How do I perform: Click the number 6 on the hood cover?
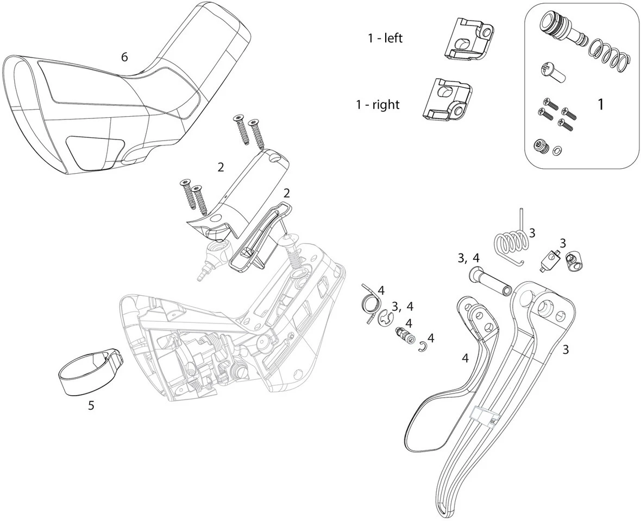point(124,57)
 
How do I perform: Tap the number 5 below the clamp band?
point(91,405)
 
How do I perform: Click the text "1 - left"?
point(385,39)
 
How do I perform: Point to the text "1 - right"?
point(378,104)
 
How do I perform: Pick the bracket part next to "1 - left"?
point(468,39)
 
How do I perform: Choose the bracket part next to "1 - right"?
point(446,100)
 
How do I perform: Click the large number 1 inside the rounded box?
point(600,104)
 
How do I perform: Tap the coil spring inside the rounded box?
point(608,53)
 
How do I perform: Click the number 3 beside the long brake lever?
point(565,350)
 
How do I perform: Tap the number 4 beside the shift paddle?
point(465,358)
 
